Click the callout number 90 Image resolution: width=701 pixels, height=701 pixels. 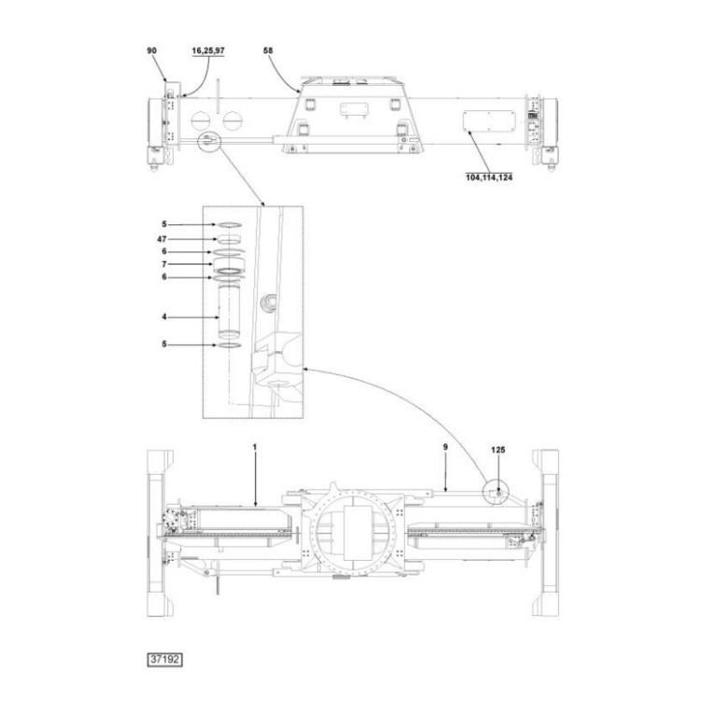pyautogui.click(x=152, y=50)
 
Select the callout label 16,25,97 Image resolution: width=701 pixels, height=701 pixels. pyautogui.click(x=208, y=50)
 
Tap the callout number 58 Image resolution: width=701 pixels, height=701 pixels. pyautogui.click(x=268, y=50)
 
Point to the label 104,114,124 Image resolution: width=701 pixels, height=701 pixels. pyautogui.click(x=489, y=178)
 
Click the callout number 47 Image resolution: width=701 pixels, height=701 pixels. pyautogui.click(x=162, y=239)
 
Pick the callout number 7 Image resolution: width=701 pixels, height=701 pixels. pyautogui.click(x=165, y=265)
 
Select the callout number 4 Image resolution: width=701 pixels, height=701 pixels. pyautogui.click(x=165, y=317)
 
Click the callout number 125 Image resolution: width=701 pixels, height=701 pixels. pyautogui.click(x=498, y=450)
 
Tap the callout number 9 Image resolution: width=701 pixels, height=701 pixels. pyautogui.click(x=445, y=447)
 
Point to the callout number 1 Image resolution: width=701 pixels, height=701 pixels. pyautogui.click(x=255, y=447)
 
